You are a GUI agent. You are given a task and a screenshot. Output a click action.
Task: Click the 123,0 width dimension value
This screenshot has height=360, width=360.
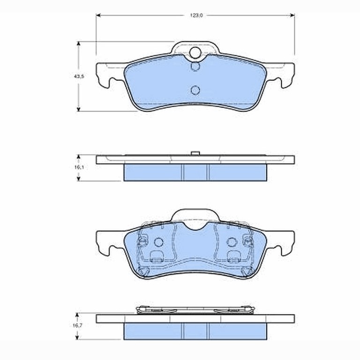[196, 15]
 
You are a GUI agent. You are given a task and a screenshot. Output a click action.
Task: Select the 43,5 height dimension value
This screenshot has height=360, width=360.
[79, 76]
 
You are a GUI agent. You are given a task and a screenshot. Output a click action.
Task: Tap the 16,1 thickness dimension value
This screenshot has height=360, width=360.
[79, 167]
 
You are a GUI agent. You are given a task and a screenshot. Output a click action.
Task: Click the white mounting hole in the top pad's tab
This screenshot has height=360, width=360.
[195, 52]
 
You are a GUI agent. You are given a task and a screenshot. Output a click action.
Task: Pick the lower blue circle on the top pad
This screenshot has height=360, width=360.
[195, 90]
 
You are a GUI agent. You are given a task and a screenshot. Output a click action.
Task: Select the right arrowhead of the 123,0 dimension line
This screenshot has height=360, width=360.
[292, 15]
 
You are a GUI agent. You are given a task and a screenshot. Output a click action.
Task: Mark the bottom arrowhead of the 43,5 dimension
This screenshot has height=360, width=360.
[79, 109]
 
